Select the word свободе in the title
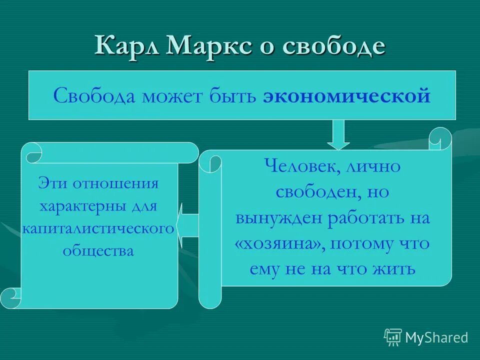coord(334,46)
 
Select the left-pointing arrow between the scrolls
coord(187,225)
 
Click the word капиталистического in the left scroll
coord(98,228)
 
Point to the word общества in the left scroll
coord(98,250)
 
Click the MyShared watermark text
coord(436,337)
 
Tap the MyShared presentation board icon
coord(393,337)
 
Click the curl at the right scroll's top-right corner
coord(439,139)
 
